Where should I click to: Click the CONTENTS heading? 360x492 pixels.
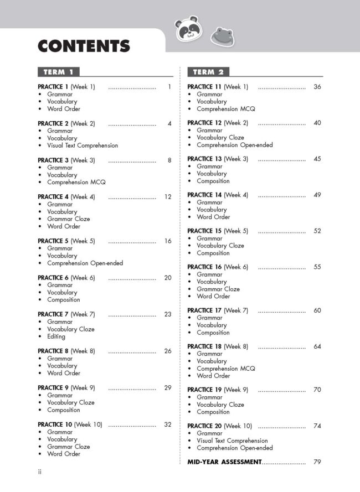(84, 46)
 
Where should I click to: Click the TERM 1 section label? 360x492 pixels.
(59, 72)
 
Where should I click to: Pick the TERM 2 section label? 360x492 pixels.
(208, 72)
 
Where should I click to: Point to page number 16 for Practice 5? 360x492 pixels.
(168, 241)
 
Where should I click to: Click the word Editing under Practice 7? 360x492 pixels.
(56, 336)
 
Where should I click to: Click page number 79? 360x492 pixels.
(317, 462)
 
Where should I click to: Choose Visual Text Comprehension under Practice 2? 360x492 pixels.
(83, 146)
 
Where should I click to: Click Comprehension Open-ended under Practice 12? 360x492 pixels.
(234, 145)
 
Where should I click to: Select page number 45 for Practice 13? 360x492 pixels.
(317, 159)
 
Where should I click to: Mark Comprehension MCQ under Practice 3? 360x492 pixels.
(76, 182)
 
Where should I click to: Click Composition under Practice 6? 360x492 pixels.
(63, 299)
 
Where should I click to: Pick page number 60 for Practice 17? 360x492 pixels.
(317, 310)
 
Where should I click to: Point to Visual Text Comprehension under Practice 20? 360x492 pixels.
(232, 441)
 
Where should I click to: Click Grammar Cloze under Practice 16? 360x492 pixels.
(218, 289)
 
